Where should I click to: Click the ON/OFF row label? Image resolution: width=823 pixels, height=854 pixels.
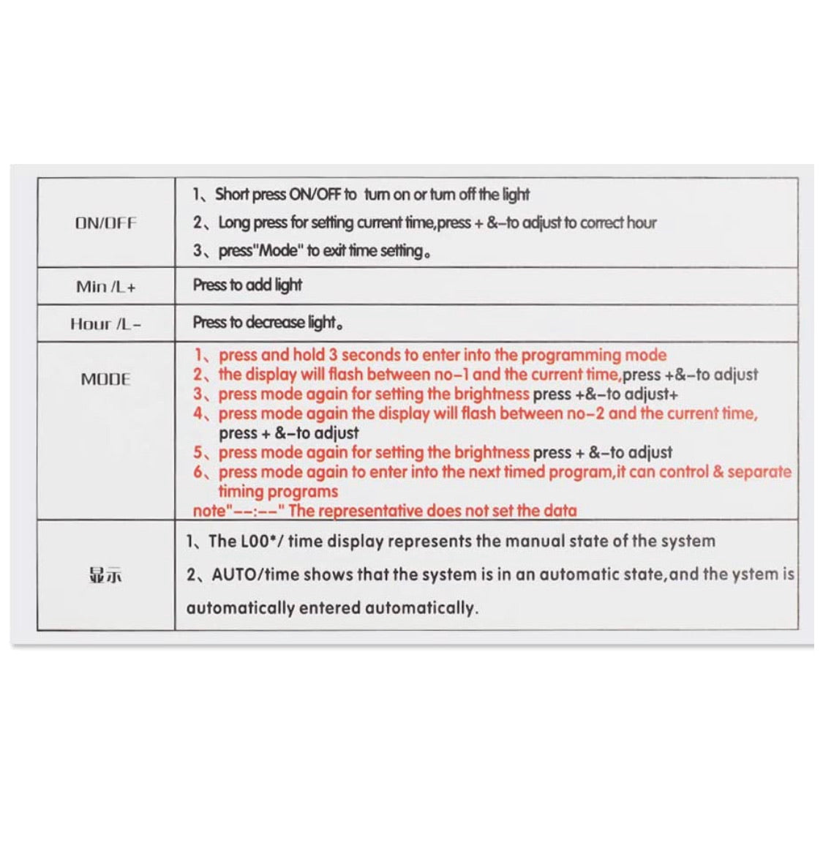tap(105, 223)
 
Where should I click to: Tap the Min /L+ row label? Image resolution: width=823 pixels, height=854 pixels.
tap(105, 287)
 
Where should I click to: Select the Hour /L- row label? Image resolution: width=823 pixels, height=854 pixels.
tap(105, 323)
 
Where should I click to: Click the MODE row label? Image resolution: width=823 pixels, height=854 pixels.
tap(105, 379)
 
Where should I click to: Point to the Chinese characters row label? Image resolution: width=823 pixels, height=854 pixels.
tap(105, 576)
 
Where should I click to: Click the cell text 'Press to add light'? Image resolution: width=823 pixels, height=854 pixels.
tap(247, 285)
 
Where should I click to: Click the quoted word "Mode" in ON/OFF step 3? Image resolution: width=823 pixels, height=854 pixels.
tap(278, 251)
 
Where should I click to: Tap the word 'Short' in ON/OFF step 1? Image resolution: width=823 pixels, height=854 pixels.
tap(232, 195)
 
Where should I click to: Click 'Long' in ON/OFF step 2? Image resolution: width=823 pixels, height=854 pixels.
tap(234, 222)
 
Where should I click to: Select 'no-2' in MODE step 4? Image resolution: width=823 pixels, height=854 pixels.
tap(585, 413)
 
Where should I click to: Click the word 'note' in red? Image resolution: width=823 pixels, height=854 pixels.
tap(209, 511)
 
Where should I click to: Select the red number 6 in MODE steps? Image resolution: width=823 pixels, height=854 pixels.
tap(198, 472)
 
